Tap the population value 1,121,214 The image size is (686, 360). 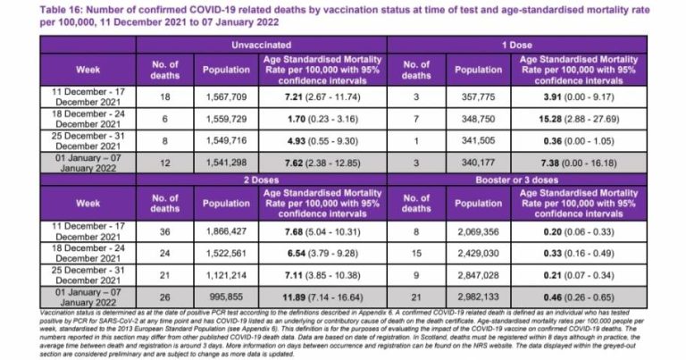click(x=227, y=277)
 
